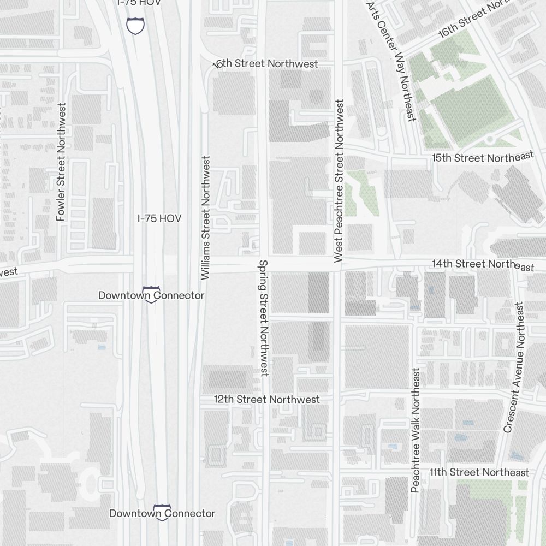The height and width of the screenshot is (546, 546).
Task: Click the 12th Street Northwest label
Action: point(266,400)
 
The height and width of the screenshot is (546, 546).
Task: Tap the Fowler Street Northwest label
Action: point(61,162)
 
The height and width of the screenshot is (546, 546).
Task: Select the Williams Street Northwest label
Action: point(206,218)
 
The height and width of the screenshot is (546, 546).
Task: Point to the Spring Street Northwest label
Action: point(264,318)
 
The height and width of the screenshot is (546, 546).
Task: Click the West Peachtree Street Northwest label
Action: point(339,181)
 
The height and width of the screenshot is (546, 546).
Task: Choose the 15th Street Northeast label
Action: point(482,158)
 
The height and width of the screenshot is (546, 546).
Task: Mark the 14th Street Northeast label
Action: point(483,264)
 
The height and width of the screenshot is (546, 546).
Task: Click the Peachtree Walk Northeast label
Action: point(416,431)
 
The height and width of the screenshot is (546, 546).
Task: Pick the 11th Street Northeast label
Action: point(479,472)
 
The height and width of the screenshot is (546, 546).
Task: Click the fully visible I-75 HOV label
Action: point(159,218)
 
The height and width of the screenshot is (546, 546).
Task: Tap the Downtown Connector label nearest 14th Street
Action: point(151,295)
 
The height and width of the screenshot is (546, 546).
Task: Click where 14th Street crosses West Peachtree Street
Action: point(339,265)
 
